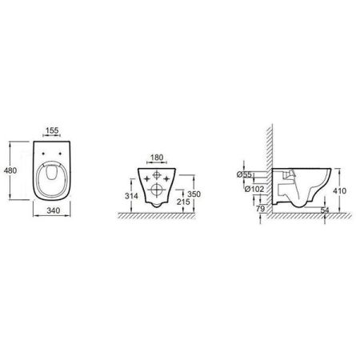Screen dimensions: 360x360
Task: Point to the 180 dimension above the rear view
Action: [156, 158]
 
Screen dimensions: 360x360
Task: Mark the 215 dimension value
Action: [184, 205]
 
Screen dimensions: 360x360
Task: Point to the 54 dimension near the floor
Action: [325, 210]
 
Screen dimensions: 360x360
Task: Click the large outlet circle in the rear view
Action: [156, 190]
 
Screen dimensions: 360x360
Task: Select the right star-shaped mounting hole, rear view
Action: [166, 177]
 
